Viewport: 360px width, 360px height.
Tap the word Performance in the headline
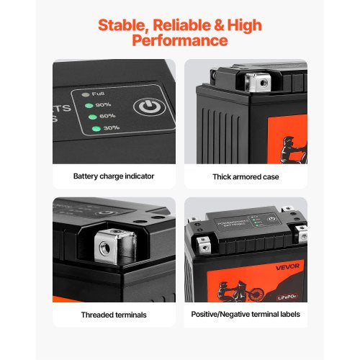[180, 41]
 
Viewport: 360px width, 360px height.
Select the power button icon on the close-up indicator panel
[149, 109]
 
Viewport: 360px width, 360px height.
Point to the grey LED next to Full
[85, 94]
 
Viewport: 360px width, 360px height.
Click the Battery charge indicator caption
[113, 176]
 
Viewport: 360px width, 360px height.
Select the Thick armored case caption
[246, 176]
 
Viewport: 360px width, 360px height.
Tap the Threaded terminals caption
[113, 314]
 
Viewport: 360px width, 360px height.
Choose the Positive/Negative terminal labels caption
[246, 314]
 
